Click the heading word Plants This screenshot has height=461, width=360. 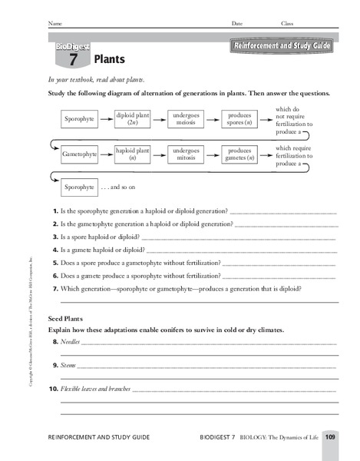(109, 58)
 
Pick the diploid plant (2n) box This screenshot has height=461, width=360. (132, 119)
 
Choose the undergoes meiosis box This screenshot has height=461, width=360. (186, 119)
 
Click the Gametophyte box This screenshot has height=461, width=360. (80, 154)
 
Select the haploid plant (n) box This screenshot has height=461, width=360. (132, 154)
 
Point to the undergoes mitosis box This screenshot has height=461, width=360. (186, 154)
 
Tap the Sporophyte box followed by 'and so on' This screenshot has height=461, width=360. (80, 187)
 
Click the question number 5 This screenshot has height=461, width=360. (55, 263)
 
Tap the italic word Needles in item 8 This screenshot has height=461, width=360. (71, 341)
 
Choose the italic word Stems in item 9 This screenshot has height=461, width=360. (69, 365)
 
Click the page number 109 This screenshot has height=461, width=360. (329, 436)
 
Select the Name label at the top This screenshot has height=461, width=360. (55, 24)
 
